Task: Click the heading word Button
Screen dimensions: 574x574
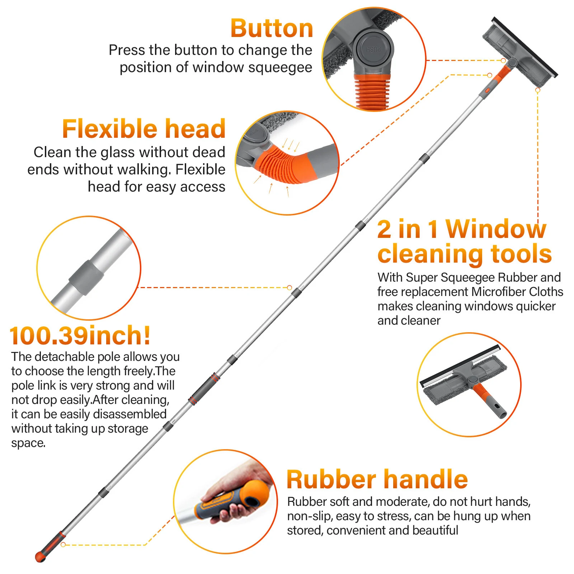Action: (272, 28)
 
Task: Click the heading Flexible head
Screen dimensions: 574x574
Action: (143, 129)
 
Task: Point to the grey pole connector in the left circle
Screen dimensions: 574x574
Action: (86, 278)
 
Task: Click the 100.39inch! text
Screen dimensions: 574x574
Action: (80, 335)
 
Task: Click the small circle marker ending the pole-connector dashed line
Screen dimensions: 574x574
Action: (290, 287)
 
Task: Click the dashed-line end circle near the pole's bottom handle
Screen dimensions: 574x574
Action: (63, 545)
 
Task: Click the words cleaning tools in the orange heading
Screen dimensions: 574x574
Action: (464, 254)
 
